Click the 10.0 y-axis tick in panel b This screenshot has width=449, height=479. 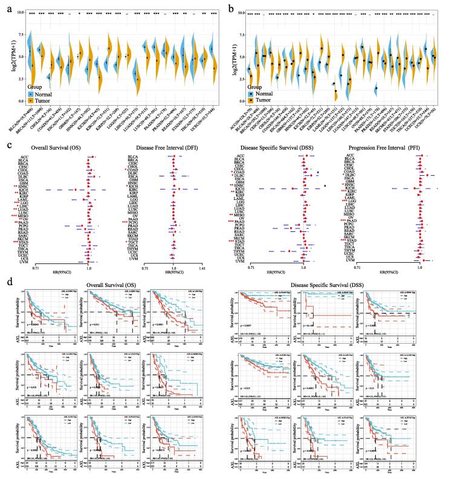tap(241, 13)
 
